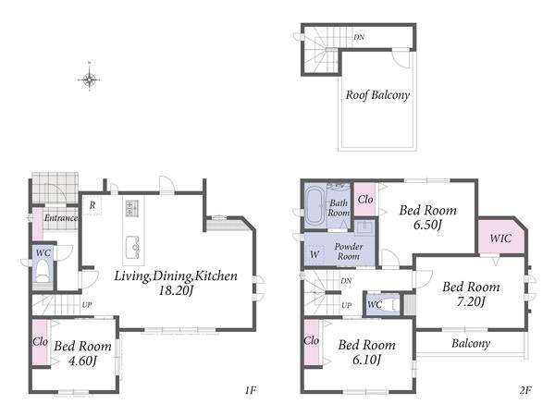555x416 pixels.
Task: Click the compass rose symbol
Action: tap(89, 80)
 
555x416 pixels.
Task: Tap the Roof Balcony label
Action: tap(377, 95)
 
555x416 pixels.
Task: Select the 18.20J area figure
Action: tap(176, 291)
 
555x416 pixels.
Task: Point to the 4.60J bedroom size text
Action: tap(82, 361)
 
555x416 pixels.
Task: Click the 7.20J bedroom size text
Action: tap(471, 301)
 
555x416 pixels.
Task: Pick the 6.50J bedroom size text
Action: tap(428, 225)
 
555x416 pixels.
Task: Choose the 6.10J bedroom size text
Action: tap(366, 360)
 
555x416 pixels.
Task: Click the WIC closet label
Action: tap(500, 239)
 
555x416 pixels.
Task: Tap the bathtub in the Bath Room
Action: tap(315, 206)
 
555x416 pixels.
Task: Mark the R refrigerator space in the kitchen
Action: tap(92, 205)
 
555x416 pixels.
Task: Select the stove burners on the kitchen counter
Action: tap(132, 208)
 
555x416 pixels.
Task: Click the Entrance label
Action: tap(61, 218)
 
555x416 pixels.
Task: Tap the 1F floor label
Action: tap(250, 390)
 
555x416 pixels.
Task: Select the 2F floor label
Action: tap(525, 390)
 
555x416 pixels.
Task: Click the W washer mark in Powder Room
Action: tap(314, 254)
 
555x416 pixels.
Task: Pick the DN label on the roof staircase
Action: tap(359, 37)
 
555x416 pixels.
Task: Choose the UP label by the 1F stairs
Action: tap(87, 305)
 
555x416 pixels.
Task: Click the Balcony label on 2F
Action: tap(471, 344)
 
